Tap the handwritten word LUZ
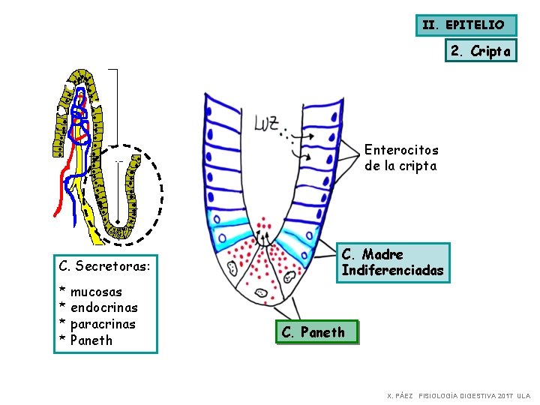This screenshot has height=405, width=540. point(268,122)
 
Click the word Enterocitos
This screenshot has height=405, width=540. point(401,150)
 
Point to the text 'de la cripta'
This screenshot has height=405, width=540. point(400,166)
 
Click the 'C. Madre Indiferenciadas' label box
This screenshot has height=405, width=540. point(392,262)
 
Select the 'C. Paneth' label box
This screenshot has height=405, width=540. point(313,331)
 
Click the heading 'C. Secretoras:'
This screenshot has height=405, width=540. point(104,265)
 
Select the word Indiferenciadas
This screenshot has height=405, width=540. point(392,270)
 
